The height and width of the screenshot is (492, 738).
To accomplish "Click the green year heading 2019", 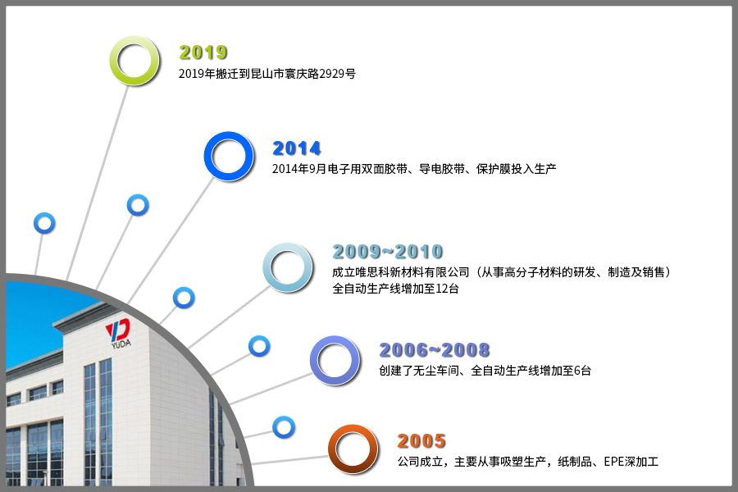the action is coord(203,52).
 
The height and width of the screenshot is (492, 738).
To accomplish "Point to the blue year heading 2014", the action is coord(297,148).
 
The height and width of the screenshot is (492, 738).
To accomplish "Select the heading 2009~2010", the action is coord(388,252).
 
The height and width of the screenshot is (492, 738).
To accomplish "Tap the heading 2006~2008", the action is coord(435,350).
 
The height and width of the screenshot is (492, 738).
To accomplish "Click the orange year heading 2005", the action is coord(421,441).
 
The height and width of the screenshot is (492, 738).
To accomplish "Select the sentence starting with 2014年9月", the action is coord(414,169).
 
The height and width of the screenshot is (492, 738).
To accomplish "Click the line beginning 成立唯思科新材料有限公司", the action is coord(502,272).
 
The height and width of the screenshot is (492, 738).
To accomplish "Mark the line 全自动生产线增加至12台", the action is coord(395,289).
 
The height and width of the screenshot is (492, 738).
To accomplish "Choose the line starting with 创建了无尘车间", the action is coord(485,371).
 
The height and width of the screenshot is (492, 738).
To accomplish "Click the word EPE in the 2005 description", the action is coord(613,462).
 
